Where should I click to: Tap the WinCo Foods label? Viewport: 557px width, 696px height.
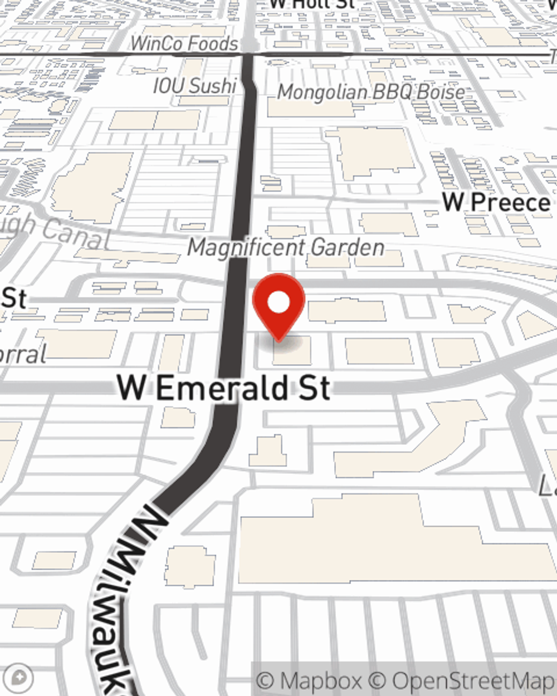[184, 43]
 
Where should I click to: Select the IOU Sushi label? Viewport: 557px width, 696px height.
[195, 86]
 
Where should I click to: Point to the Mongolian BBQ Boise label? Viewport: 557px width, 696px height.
[371, 92]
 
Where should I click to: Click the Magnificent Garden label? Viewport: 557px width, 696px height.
[286, 247]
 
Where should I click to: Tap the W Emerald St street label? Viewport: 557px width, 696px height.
[224, 388]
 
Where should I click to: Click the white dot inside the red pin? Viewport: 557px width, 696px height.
[278, 303]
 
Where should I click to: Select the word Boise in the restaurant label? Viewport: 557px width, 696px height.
[441, 92]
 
